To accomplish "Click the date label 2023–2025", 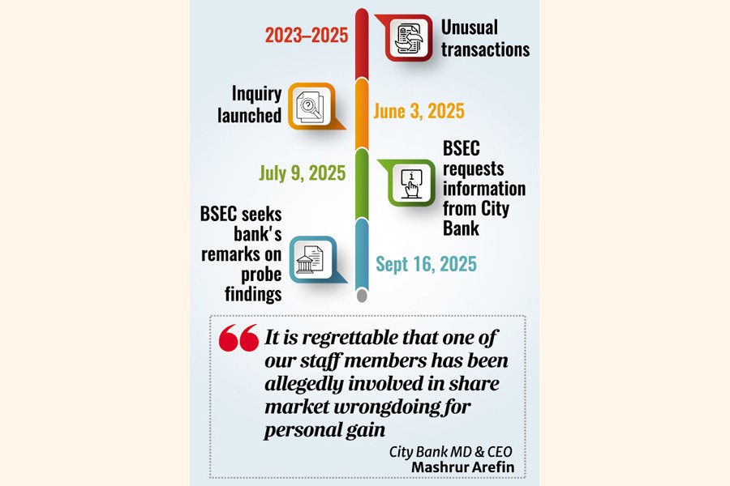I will [306, 36].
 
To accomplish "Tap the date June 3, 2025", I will [419, 111].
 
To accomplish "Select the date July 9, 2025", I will [302, 173].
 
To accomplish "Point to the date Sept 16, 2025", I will [426, 264].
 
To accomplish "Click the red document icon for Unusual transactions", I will [409, 37].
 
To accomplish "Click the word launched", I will [249, 116].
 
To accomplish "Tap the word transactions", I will [485, 49].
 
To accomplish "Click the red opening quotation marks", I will [238, 339].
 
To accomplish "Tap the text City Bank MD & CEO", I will [450, 450].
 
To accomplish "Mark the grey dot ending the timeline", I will [362, 296].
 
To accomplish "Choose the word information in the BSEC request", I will [483, 190].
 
